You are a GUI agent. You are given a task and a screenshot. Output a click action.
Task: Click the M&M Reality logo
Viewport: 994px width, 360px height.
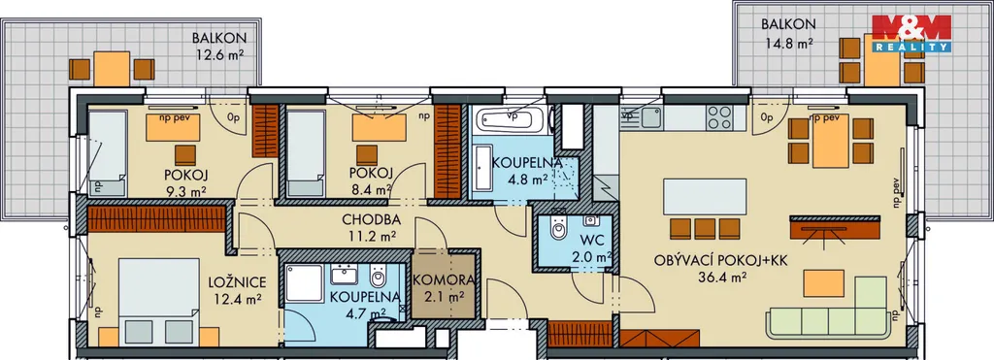pyautogui.click(x=911, y=33)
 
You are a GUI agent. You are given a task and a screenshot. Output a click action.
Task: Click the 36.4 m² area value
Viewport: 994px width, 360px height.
pyautogui.click(x=720, y=276)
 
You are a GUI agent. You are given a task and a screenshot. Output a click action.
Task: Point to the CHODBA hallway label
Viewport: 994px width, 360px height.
pyautogui.click(x=371, y=220)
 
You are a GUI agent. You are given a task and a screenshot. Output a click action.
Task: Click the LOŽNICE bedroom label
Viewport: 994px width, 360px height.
pyautogui.click(x=237, y=282)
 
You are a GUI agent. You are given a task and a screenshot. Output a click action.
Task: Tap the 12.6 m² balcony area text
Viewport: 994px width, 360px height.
pyautogui.click(x=219, y=54)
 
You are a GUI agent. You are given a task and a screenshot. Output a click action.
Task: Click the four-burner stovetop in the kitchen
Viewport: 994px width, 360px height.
pyautogui.click(x=719, y=117)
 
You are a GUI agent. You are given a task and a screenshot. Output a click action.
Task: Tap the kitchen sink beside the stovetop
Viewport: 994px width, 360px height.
pyautogui.click(x=649, y=116)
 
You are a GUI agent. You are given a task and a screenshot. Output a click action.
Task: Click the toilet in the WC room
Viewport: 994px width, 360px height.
pyautogui.click(x=558, y=227)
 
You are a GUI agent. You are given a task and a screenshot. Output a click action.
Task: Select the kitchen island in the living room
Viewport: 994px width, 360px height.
pyautogui.click(x=705, y=196)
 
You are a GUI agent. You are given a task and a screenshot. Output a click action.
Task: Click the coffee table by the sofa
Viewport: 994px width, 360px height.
pyautogui.click(x=823, y=283)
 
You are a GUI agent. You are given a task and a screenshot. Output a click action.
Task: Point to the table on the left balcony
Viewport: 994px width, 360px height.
pyautogui.click(x=112, y=69)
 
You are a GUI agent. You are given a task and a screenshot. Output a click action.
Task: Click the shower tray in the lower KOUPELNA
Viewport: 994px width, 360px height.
pyautogui.click(x=304, y=283)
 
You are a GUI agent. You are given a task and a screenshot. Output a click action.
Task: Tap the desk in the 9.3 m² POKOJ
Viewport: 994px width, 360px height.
pyautogui.click(x=173, y=127)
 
